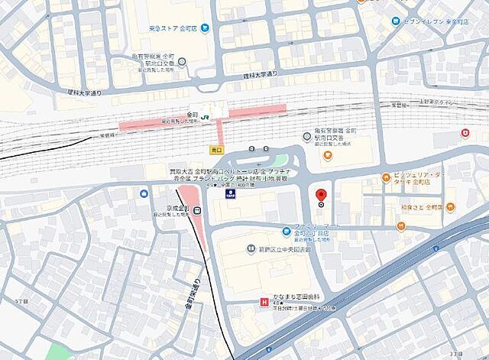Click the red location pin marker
tap(321, 195)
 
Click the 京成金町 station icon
tap(196, 212)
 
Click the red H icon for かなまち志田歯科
tap(264, 302)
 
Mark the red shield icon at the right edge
tap(464, 134)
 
